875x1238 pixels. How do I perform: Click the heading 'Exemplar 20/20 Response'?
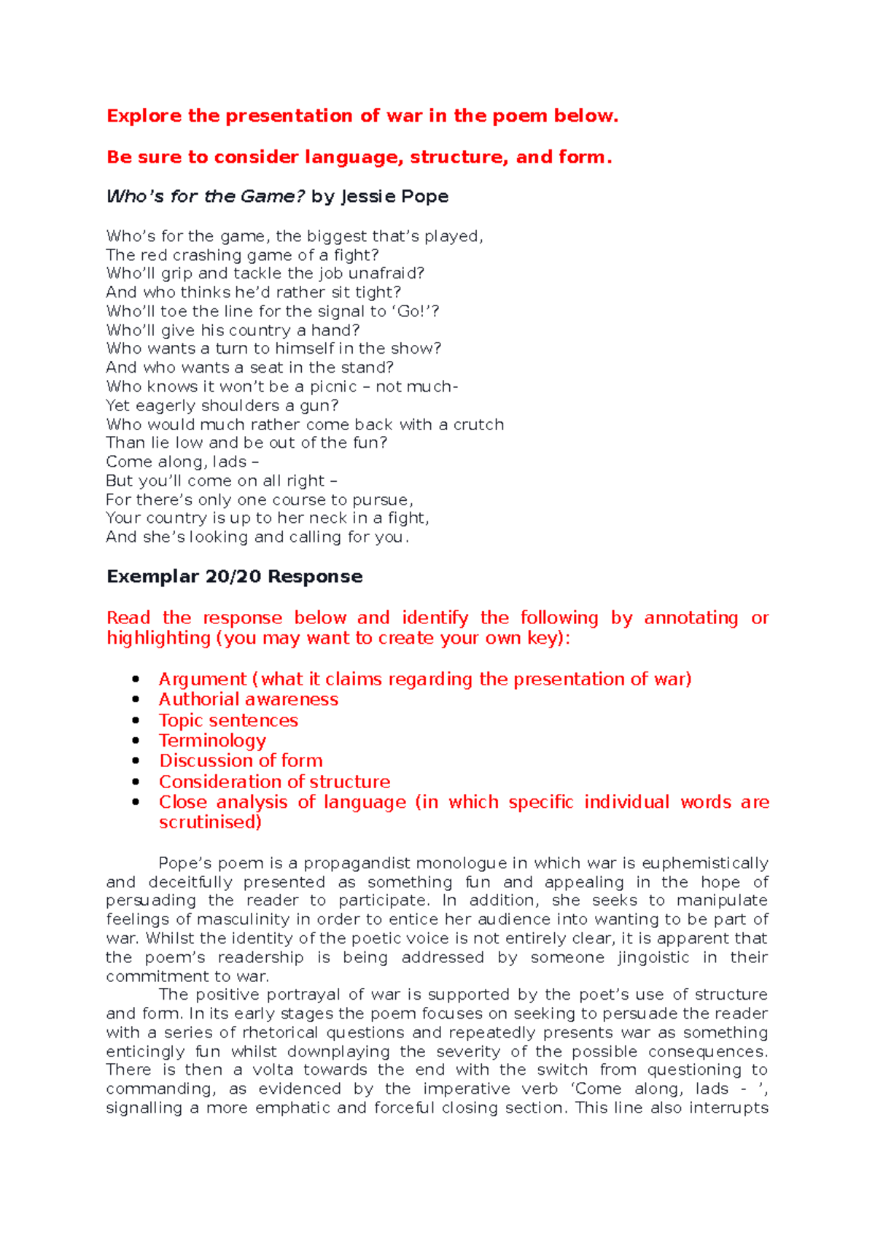[x=234, y=577]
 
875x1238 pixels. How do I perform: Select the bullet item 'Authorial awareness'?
[x=248, y=699]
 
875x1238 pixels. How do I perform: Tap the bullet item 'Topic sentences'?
[x=228, y=720]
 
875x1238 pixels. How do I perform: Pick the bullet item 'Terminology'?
[x=212, y=741]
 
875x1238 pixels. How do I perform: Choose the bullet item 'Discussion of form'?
[x=241, y=760]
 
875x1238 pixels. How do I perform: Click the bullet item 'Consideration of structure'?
[x=274, y=782]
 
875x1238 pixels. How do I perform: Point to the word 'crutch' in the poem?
[x=478, y=424]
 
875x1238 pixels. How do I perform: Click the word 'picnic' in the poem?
[x=332, y=386]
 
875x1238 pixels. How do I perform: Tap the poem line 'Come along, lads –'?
[x=182, y=462]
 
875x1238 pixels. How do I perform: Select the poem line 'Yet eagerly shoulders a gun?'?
[x=222, y=405]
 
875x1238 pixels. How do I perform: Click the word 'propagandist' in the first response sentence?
[x=357, y=863]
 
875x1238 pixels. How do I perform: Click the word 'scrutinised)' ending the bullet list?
[x=210, y=822]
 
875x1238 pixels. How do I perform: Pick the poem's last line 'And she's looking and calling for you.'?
[x=257, y=537]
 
